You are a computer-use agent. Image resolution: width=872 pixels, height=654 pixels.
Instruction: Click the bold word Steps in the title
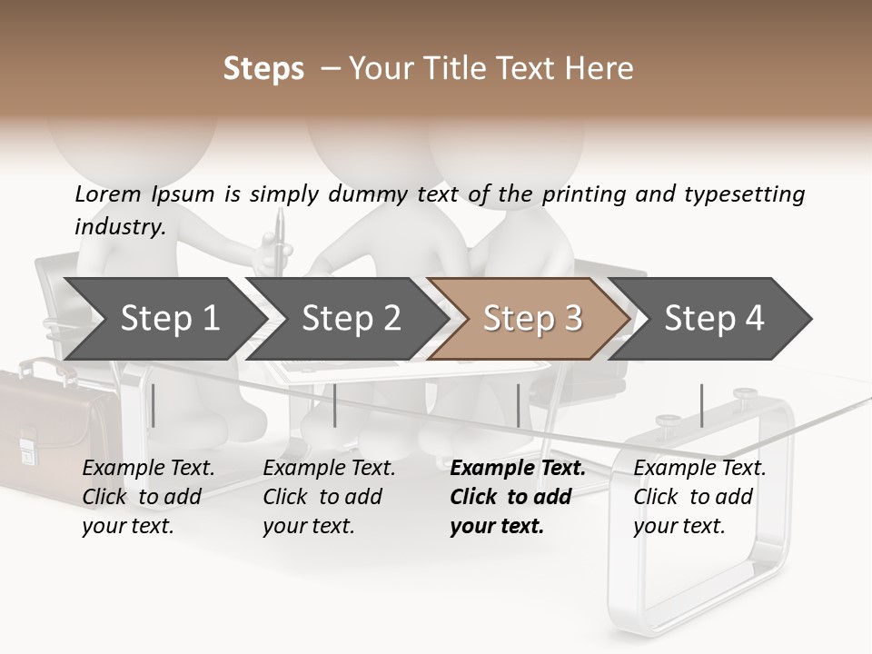pos(263,69)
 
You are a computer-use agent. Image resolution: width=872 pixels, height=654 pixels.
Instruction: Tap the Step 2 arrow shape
pos(351,319)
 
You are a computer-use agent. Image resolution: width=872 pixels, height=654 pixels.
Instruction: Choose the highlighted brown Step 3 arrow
pos(532,319)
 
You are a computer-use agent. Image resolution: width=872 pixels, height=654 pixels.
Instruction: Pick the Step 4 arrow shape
pos(714,319)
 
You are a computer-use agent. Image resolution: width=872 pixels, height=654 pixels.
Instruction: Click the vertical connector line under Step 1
pos(154,405)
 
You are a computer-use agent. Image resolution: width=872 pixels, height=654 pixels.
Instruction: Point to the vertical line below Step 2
pos(335,405)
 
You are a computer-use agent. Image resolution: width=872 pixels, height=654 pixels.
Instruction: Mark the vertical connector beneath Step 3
pos(519,405)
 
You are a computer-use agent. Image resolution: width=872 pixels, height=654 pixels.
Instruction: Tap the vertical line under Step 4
pos(702,405)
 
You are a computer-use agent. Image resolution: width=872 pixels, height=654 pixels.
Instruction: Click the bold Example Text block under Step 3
pos(517,497)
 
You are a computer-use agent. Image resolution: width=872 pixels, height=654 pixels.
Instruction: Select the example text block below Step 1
pos(148,497)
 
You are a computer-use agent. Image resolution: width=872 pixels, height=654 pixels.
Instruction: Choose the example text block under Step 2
pos(329,497)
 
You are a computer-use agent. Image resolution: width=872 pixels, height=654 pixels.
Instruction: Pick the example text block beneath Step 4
pos(699,497)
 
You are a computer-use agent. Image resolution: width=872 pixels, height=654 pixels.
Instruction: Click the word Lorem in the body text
pos(108,193)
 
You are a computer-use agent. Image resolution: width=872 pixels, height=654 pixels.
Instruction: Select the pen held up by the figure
pos(279,238)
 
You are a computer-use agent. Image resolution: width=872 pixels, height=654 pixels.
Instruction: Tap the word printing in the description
pos(582,193)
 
